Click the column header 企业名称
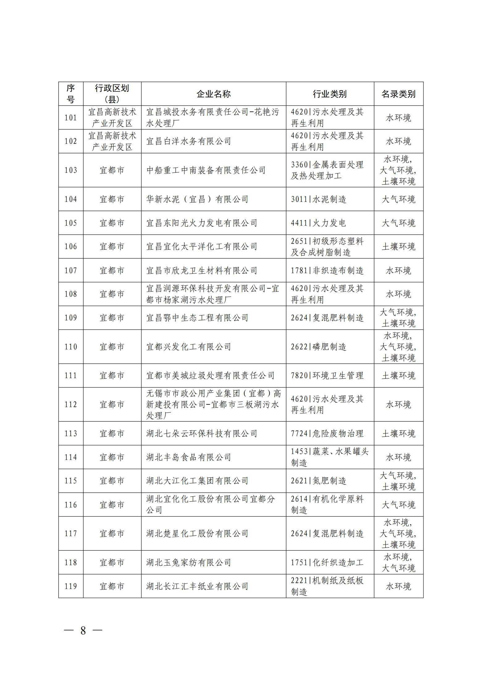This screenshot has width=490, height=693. (x=213, y=94)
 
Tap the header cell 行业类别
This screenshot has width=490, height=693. (x=329, y=94)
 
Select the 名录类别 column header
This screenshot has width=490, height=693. (x=398, y=94)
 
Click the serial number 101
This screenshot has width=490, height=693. (x=71, y=118)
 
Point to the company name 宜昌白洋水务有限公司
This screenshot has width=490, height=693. (x=189, y=141)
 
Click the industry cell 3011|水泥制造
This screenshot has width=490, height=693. (x=318, y=199)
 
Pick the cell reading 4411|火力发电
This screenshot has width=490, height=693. (x=318, y=223)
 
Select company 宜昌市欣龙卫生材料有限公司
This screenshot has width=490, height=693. (x=202, y=270)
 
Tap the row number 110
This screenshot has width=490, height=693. (x=71, y=347)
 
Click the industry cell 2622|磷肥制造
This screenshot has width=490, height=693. (x=318, y=347)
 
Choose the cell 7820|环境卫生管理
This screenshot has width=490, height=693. (x=327, y=375)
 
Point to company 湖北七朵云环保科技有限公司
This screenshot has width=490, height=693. (x=202, y=433)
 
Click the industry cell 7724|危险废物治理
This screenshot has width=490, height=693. (x=327, y=433)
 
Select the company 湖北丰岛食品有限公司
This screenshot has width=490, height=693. (x=189, y=457)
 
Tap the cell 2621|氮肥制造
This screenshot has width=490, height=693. (x=318, y=481)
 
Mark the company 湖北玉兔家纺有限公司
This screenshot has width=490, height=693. (x=189, y=562)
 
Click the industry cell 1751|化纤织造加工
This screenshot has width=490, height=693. (x=327, y=562)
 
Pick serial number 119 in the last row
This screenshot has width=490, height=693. (x=71, y=586)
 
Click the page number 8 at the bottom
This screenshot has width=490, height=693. (x=83, y=630)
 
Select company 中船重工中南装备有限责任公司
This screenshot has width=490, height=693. (x=206, y=170)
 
